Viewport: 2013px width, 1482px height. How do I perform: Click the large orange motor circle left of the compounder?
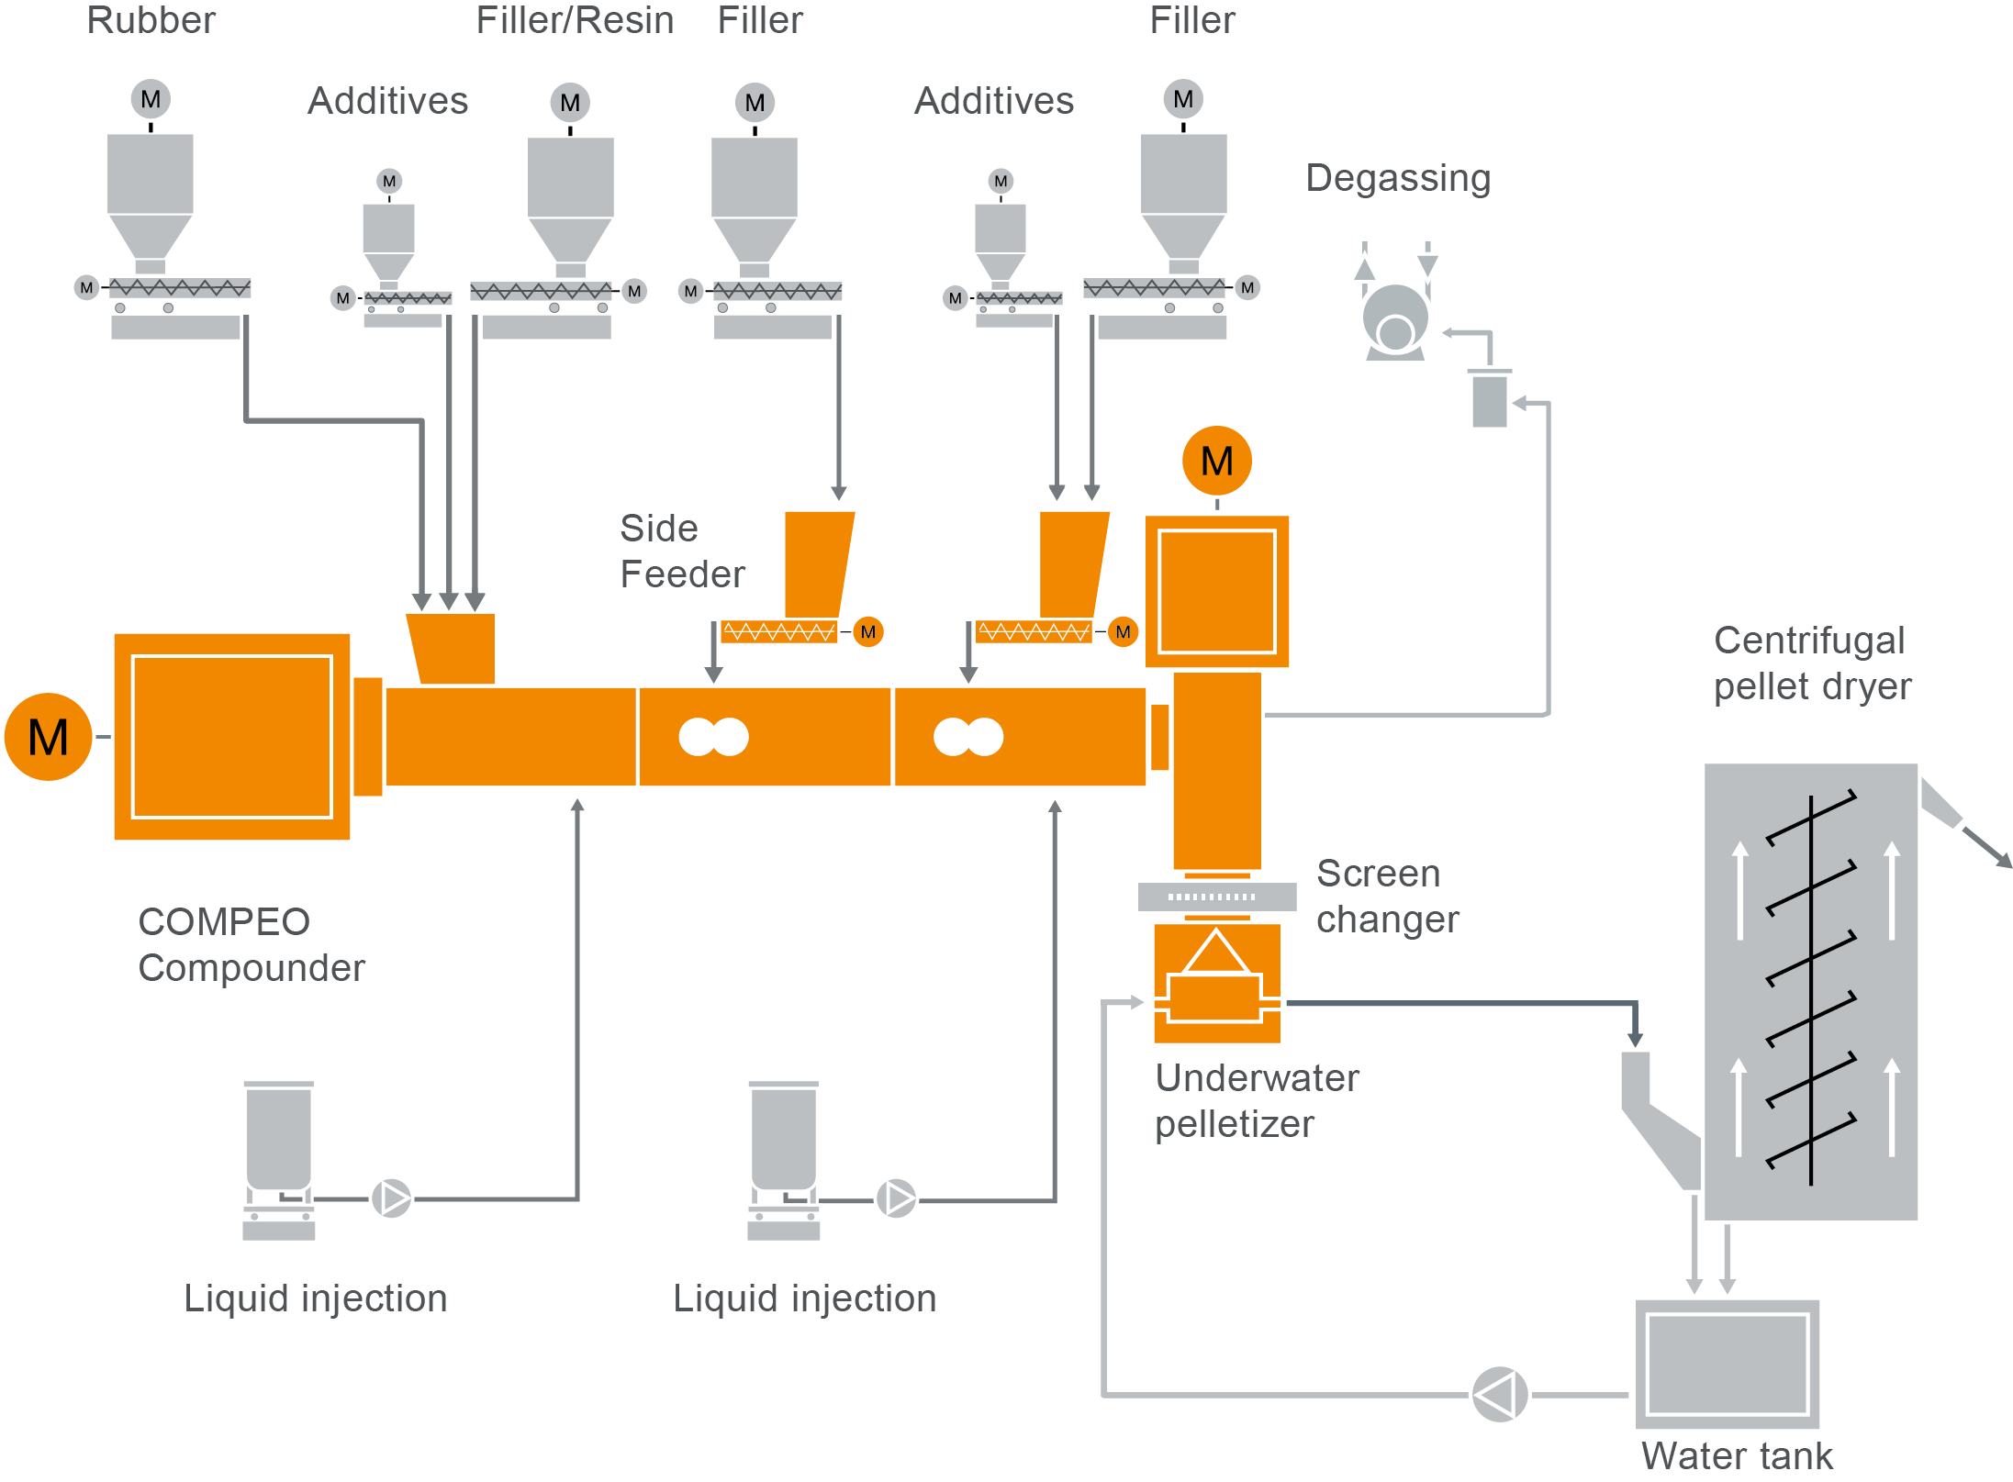coord(49,737)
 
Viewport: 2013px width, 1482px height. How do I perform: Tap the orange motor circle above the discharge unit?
coord(1216,461)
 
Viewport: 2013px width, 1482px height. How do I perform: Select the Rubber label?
coord(151,20)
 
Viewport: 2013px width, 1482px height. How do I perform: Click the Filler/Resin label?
coord(575,20)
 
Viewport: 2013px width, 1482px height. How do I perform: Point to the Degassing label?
coord(1397,178)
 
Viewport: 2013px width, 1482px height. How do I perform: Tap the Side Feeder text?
coord(681,551)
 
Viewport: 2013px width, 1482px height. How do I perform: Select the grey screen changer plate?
coord(1216,897)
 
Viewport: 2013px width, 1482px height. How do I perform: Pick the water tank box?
coord(1727,1364)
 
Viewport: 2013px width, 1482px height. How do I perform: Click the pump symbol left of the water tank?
coord(1499,1395)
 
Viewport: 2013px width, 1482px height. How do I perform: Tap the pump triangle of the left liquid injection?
coord(392,1198)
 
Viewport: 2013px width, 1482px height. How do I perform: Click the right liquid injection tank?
coord(783,1138)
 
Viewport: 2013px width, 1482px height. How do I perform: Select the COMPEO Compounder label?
coord(251,944)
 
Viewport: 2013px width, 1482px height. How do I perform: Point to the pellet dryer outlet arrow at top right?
coord(1987,847)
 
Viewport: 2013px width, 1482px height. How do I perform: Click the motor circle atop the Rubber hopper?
coord(151,99)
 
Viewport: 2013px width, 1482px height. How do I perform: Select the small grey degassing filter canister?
coord(1489,399)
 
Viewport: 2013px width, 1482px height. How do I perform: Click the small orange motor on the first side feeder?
coord(867,632)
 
